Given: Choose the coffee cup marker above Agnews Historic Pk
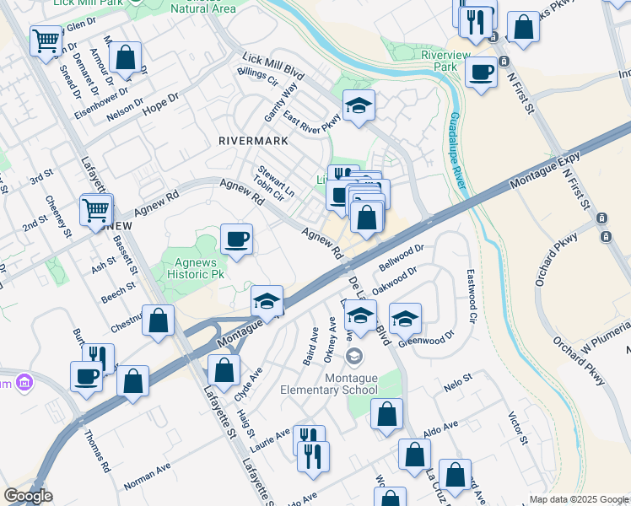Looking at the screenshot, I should tap(236, 239).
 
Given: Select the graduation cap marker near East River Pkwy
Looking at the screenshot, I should tap(359, 105).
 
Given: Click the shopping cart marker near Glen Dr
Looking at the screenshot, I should tap(45, 40).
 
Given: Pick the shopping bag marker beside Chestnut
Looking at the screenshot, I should tap(158, 320).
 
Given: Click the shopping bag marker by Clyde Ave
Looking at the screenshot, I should tap(224, 370).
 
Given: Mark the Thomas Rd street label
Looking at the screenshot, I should tap(97, 449).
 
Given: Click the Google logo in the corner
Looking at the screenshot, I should tap(28, 496).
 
